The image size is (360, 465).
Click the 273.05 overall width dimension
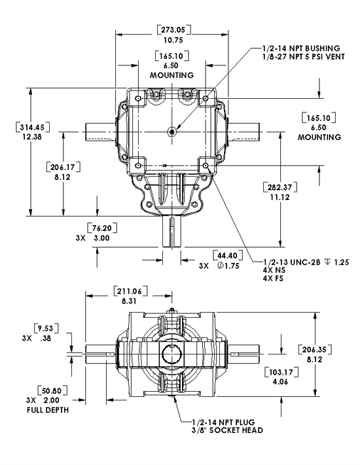click(173, 29)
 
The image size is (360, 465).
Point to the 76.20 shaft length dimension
click(100, 229)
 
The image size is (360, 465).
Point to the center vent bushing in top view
click(171, 131)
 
